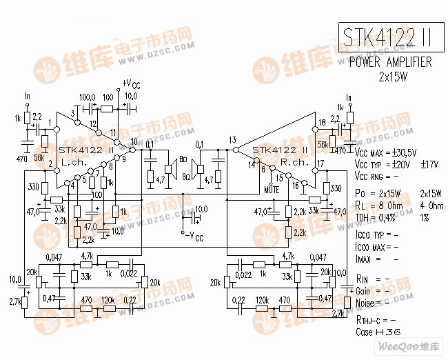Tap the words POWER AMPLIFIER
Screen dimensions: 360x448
(x=390, y=62)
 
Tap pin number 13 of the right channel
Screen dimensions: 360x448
(x=233, y=140)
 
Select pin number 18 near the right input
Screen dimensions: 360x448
(x=321, y=123)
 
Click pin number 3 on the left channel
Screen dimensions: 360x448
(x=72, y=113)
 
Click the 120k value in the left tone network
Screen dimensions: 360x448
(x=107, y=301)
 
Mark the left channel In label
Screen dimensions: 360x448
(x=28, y=96)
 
